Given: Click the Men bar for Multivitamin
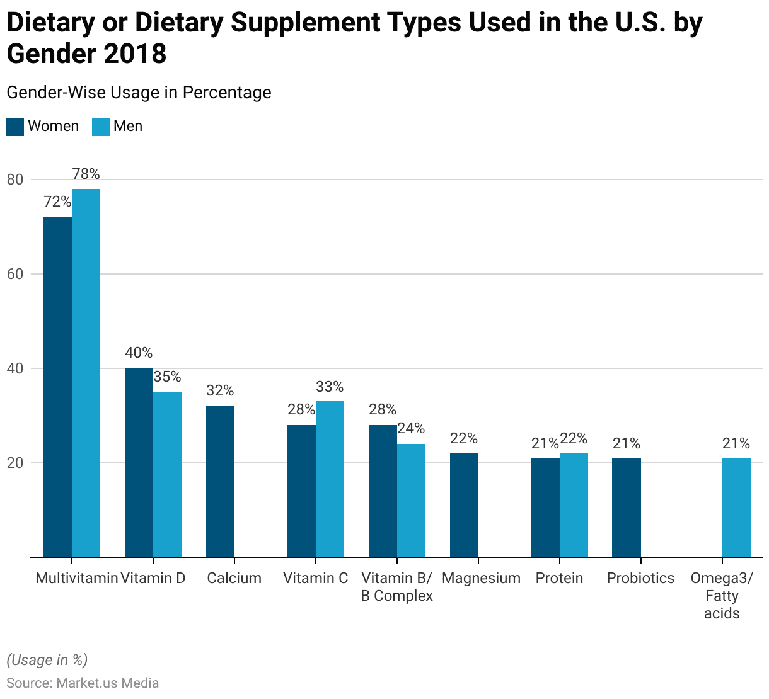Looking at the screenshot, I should (86, 373).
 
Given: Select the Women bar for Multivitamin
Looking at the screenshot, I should (57, 387).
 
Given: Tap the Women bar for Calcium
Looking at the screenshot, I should (220, 481).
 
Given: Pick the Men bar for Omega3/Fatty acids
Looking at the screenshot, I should (736, 507).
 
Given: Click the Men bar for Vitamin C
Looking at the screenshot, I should (330, 479).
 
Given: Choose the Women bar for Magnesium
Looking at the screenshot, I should (464, 505).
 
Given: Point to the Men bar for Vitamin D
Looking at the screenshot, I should (167, 474).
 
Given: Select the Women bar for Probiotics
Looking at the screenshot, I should (627, 507).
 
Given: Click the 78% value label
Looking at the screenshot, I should (86, 174).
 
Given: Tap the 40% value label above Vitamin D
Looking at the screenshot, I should (139, 353).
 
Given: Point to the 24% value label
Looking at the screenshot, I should (411, 429).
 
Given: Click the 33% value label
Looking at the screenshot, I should (330, 387).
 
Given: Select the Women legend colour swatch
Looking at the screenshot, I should (15, 127).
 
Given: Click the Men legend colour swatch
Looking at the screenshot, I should (101, 127).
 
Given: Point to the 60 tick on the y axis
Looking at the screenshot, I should (15, 274).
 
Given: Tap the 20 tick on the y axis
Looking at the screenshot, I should (15, 463).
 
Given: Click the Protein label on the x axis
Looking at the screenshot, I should (559, 578).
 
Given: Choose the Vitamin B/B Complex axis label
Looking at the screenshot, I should (397, 587).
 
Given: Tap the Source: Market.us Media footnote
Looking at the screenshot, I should (83, 683).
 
